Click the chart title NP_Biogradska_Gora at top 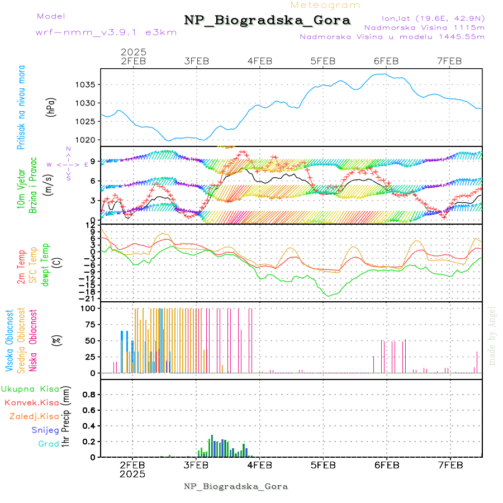[x=267, y=21]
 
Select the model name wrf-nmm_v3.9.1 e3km [x=106, y=32]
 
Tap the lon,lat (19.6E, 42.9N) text [x=433, y=17]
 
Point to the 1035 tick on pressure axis [x=88, y=85]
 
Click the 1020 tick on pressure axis [x=88, y=140]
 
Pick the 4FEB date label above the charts [x=259, y=61]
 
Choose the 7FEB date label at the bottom [x=450, y=464]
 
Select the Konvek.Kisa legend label [x=31, y=402]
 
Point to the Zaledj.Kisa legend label [x=34, y=416]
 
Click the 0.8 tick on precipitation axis [x=88, y=395]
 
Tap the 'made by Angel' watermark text [x=492, y=335]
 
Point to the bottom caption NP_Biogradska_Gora [x=236, y=486]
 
